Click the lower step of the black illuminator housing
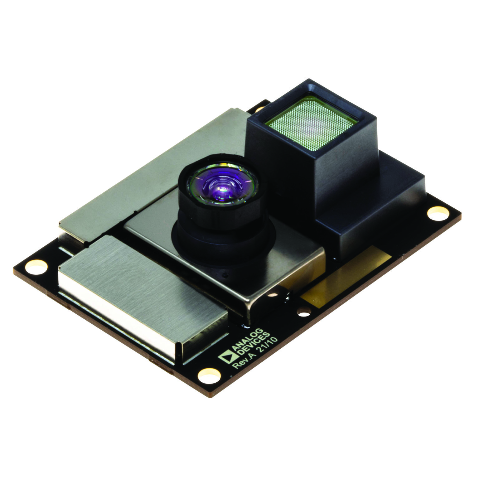[x=374, y=218]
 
